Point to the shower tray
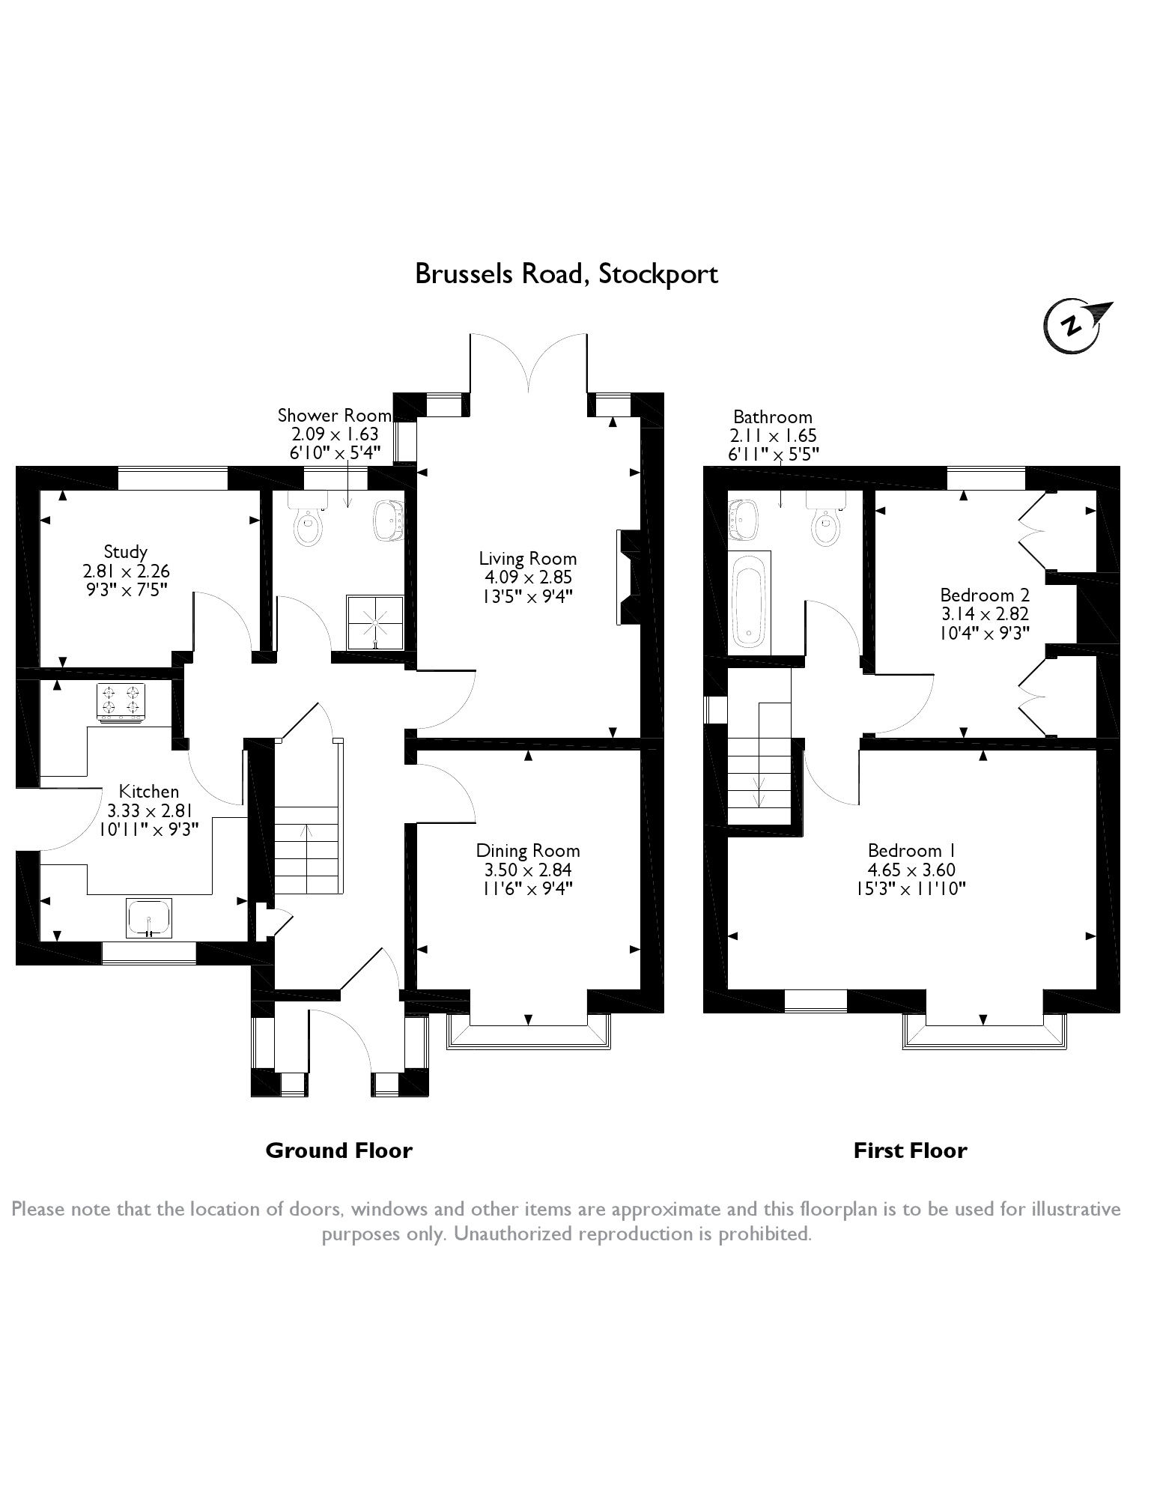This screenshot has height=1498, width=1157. coord(374,622)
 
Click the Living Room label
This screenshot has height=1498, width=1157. coord(528,558)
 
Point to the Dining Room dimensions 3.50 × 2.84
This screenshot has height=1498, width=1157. coord(528,870)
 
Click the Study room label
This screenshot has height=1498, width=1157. coord(126,552)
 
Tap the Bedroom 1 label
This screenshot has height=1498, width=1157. coord(911,850)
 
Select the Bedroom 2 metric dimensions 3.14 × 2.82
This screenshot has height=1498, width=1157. coord(985,613)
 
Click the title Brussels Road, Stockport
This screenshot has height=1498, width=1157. coord(566,274)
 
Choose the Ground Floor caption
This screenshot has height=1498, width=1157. coord(338,1150)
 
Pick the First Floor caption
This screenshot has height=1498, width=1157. coord(910,1150)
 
